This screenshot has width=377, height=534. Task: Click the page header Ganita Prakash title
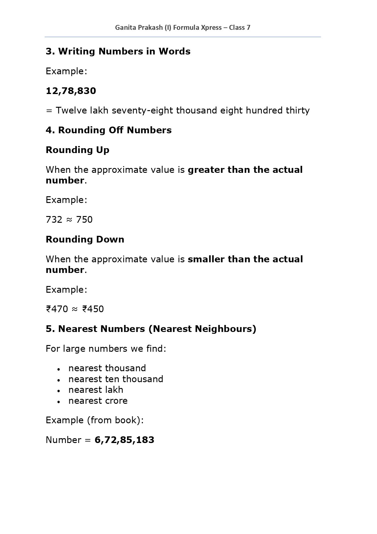183,28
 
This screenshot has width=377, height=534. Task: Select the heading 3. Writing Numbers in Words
118,51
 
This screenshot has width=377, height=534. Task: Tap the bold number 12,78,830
71,91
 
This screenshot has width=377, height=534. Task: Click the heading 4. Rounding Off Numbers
108,130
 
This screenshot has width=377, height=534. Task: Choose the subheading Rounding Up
77,150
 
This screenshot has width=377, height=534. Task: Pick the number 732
54,220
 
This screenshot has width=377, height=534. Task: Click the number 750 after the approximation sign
84,220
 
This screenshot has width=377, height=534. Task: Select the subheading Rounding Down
85,239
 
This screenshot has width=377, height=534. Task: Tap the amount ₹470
57,309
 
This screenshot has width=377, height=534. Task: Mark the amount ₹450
93,309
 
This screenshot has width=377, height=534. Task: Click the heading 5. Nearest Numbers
151,329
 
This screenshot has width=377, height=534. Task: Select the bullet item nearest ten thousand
116,379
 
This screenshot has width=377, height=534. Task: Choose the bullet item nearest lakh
96,390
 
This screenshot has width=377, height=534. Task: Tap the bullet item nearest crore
98,401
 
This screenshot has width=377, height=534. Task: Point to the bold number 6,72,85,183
124,440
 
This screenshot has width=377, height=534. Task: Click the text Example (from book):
94,420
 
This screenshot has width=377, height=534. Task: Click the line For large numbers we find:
106,349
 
